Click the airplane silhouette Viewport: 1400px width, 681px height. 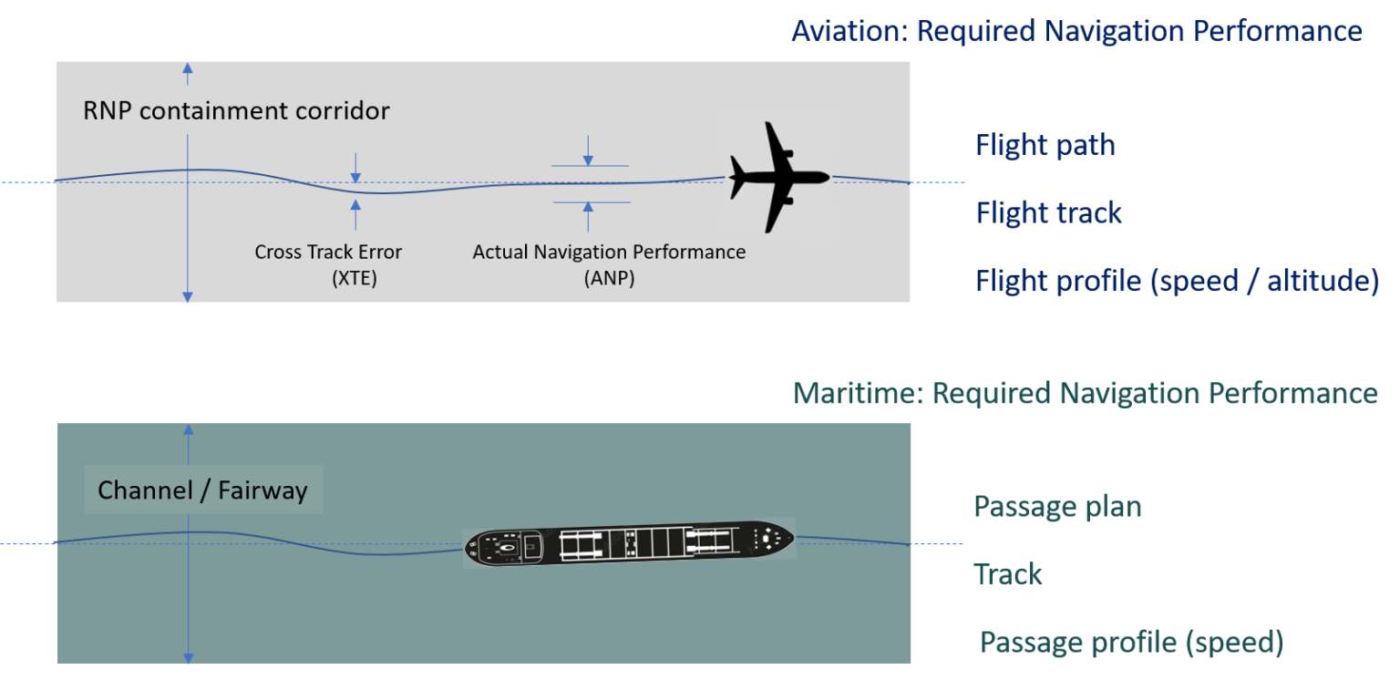[x=779, y=177]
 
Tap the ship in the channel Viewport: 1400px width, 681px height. [x=629, y=543]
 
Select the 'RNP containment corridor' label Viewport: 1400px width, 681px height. [x=236, y=111]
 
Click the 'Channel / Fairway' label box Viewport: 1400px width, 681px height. [x=203, y=490]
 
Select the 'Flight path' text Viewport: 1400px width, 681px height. [x=1045, y=146]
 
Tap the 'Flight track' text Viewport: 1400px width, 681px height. [x=1048, y=213]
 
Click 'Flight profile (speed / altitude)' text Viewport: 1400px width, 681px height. [x=1177, y=281]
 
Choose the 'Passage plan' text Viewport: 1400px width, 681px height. [x=1057, y=507]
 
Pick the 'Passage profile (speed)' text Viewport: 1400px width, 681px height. [x=1131, y=643]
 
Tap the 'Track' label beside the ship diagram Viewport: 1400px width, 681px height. [x=1008, y=574]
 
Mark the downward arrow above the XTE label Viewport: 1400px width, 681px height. [x=355, y=167]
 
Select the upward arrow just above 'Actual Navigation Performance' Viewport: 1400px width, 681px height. [x=588, y=216]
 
